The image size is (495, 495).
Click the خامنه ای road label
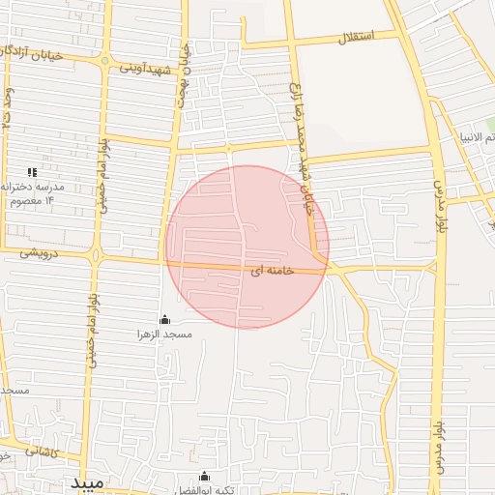pos(270,273)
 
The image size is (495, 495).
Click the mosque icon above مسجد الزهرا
pos(163,320)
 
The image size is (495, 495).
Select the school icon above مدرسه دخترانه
pos(32,172)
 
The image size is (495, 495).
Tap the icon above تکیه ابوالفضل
pos(204,476)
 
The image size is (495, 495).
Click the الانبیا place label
pos(477,136)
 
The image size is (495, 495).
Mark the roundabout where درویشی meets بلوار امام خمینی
pos(96,256)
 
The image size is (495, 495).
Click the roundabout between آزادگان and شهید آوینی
pos(105,61)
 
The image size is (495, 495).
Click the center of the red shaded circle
pos(247,247)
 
